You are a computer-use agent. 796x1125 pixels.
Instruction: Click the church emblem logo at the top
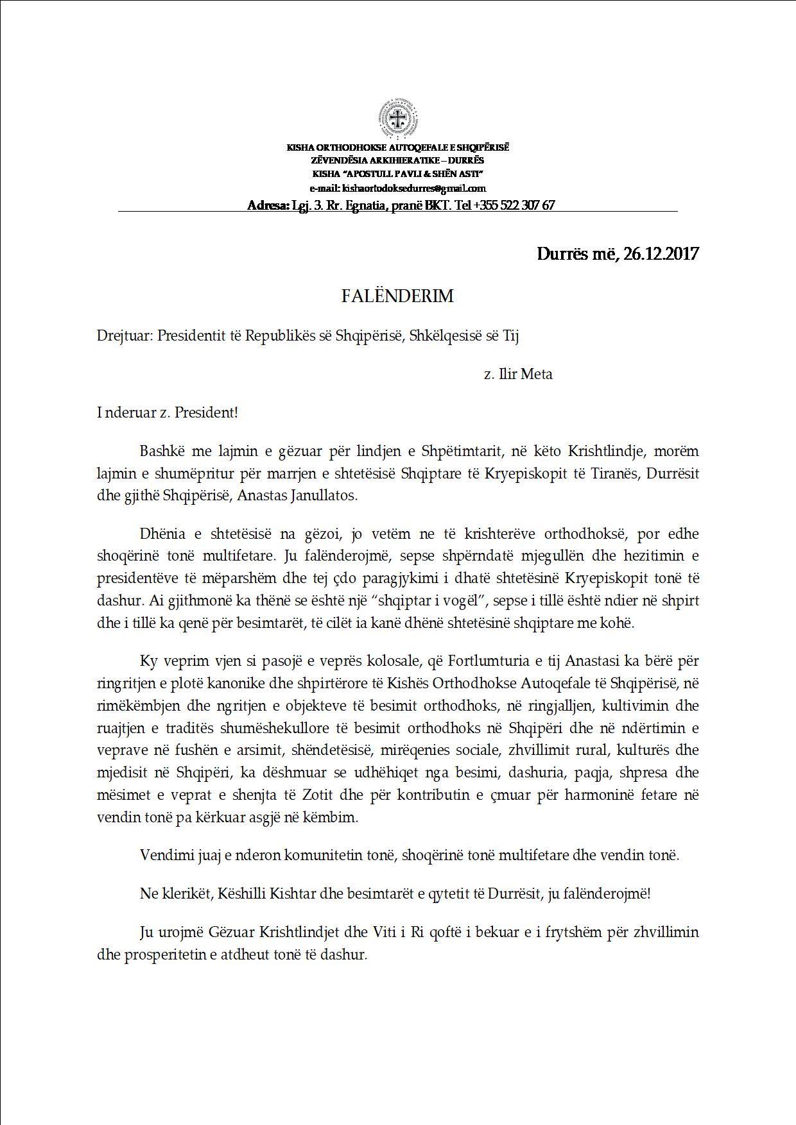[397, 118]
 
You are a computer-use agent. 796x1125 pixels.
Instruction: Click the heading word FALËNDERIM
[397, 296]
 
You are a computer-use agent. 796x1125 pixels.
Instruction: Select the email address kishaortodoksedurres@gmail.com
[415, 189]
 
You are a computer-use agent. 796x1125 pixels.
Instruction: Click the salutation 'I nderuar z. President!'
[168, 412]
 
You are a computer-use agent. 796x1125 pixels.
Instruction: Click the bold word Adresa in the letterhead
[268, 205]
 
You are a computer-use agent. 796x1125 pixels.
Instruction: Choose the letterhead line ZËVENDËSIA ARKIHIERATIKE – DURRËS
[397, 160]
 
